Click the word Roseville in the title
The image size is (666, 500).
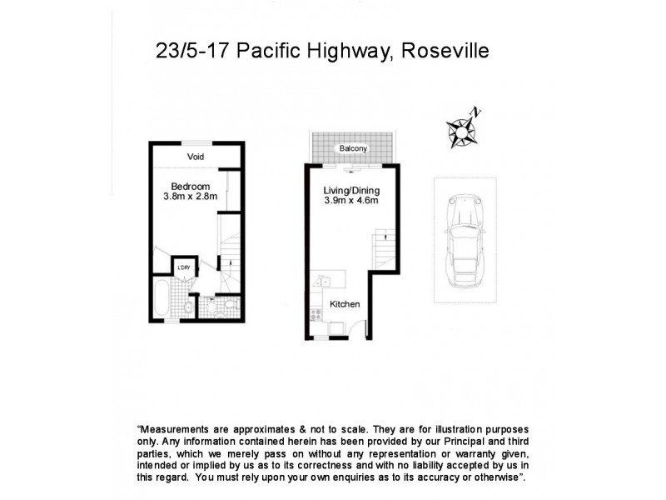[445, 52]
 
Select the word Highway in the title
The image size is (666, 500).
[353, 52]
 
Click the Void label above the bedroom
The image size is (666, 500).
[196, 157]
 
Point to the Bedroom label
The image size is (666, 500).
[190, 186]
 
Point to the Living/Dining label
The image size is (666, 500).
[350, 190]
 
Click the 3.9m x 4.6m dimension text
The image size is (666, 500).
[350, 201]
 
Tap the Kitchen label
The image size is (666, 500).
[345, 304]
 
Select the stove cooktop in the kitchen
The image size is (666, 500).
[316, 315]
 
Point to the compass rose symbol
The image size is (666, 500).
[460, 130]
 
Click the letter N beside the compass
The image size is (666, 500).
[475, 112]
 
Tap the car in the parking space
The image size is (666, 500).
[465, 239]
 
